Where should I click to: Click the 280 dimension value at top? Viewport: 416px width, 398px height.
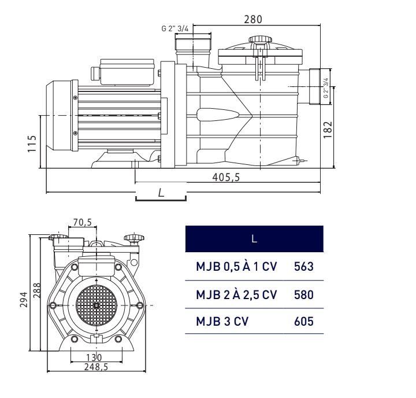[252, 19]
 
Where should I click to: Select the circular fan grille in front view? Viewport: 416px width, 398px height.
[96, 305]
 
